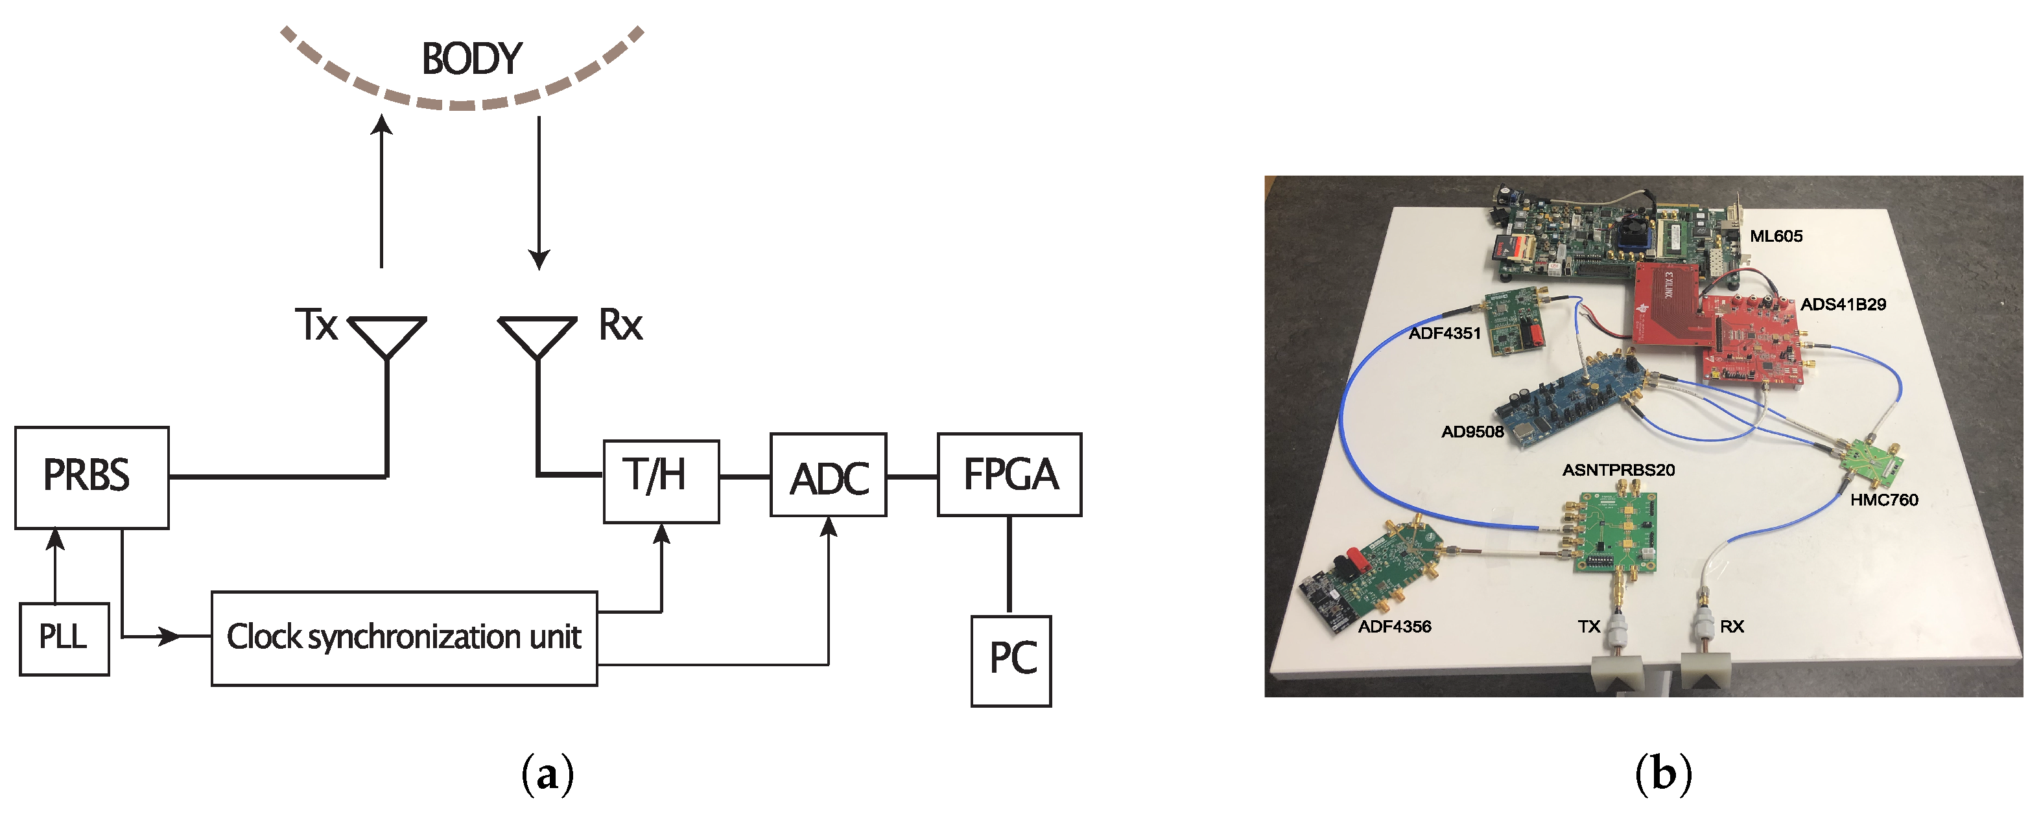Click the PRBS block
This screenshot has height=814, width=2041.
(x=91, y=478)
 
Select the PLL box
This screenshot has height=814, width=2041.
(x=64, y=639)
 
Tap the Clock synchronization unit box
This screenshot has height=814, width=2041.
(x=404, y=638)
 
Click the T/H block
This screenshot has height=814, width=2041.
(x=661, y=482)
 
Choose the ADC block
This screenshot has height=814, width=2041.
(x=828, y=475)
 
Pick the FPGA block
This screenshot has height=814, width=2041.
(x=1009, y=475)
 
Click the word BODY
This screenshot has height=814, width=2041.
(x=471, y=60)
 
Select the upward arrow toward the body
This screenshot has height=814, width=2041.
(x=382, y=190)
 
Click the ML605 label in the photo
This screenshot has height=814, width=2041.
(x=1776, y=236)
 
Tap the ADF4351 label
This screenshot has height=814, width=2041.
(x=1444, y=333)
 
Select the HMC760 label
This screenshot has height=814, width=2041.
(x=1883, y=500)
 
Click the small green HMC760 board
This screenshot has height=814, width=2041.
(x=1869, y=463)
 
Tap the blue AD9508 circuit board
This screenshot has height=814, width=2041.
(x=1577, y=396)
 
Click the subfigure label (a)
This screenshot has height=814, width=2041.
(x=547, y=774)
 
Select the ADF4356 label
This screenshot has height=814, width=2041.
(x=1394, y=626)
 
